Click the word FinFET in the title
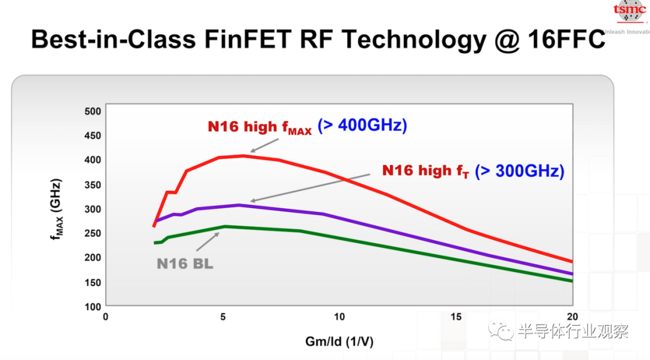pos(248,40)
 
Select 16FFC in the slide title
pos(567,40)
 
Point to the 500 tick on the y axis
pos(93,111)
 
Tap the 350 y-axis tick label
pos(93,185)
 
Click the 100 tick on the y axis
pos(93,307)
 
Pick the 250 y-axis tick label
pos(93,234)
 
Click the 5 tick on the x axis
pos(223,317)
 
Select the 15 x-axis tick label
pos(456,317)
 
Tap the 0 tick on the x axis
pos(106,317)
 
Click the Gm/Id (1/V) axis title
pos(339,342)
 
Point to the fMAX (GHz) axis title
pos(56,209)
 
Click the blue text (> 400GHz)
pos(362,125)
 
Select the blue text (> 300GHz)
pos(519,171)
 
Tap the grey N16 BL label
pos(185,264)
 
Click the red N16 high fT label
pos(426,171)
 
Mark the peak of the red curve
pos(243,155)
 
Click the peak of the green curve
pos(225,226)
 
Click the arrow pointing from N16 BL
pos(208,242)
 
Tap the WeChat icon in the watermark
pos(501,331)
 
